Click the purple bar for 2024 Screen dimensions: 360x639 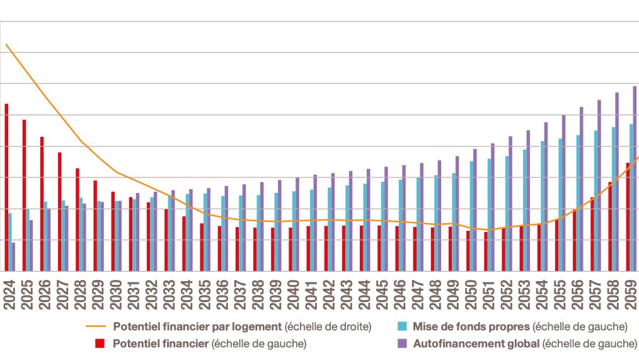(x=13, y=257)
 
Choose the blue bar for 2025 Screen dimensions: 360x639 (x=28, y=240)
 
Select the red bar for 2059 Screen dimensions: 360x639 (x=628, y=217)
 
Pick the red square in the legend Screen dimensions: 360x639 (x=99, y=344)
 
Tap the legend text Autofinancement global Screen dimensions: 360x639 (x=476, y=344)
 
